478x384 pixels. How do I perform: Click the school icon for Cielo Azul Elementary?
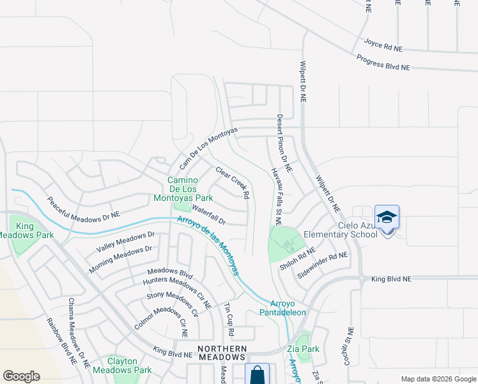tap(387, 219)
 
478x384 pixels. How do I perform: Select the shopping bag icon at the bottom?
tap(256, 374)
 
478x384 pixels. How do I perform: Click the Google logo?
tap(22, 376)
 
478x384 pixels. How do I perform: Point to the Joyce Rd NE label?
tap(383, 45)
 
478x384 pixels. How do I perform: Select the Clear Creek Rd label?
tap(232, 182)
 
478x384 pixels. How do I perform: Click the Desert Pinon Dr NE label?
tap(284, 143)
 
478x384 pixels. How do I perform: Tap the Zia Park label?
tap(303, 349)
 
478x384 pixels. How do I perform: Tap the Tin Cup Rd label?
tap(228, 321)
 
